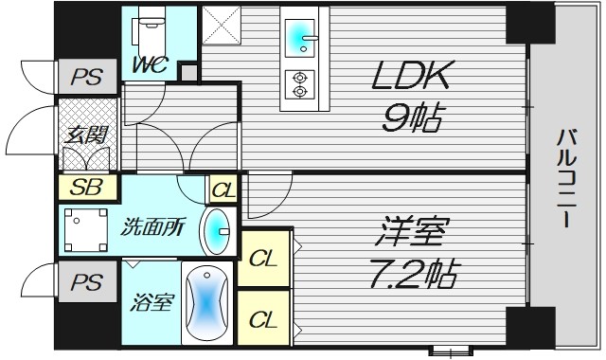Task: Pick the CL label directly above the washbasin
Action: coord(223,189)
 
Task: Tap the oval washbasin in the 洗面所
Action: coord(218,227)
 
